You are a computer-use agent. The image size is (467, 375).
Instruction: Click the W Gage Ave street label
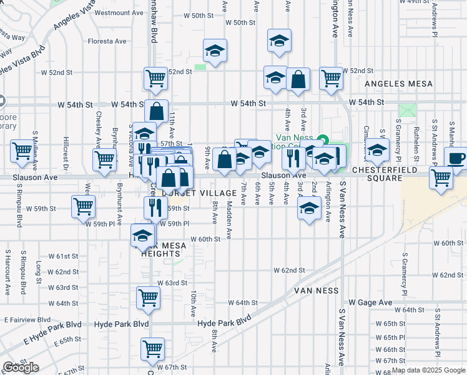[x=370, y=302]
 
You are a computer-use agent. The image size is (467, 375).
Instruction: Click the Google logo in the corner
[x=21, y=367]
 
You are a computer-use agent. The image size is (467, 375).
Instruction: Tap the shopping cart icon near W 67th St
[x=152, y=349]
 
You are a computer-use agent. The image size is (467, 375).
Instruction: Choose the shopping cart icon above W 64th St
[x=148, y=297]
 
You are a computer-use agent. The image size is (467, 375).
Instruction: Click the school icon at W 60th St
[x=142, y=236]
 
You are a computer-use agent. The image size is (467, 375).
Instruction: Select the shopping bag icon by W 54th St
[x=157, y=112]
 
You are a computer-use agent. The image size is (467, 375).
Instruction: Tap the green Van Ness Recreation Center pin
[x=323, y=139]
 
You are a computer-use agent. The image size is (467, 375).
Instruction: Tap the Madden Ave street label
[x=229, y=225]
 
